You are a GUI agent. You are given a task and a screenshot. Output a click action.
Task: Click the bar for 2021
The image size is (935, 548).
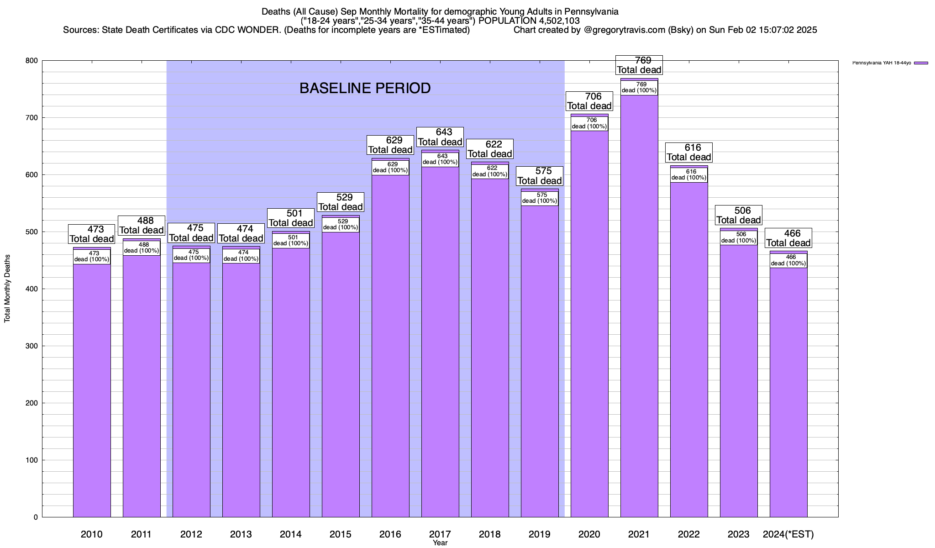tap(639, 320)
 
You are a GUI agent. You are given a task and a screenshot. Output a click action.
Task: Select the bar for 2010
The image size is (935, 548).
tap(92, 388)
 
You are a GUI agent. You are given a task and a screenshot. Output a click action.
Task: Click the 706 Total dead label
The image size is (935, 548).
tap(589, 101)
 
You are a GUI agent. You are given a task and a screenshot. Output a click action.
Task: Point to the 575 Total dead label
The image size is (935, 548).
tap(540, 176)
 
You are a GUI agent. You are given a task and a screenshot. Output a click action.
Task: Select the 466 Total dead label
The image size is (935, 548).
tap(788, 238)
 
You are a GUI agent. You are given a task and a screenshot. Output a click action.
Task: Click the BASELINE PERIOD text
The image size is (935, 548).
tap(365, 88)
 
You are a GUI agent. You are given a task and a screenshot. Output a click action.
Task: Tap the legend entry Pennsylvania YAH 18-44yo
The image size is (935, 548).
tap(881, 63)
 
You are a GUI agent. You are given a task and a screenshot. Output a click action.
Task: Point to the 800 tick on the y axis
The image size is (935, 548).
tap(32, 61)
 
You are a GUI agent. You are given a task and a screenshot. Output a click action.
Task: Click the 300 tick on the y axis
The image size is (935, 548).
tap(32, 346)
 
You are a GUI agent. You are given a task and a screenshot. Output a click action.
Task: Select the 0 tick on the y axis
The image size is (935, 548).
tap(35, 517)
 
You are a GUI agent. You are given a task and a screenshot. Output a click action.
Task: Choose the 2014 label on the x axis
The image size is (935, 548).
tap(291, 534)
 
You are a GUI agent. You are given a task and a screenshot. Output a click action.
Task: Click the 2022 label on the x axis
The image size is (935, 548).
tap(689, 534)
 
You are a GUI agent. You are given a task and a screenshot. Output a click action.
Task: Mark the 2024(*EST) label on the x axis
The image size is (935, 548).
tap(788, 534)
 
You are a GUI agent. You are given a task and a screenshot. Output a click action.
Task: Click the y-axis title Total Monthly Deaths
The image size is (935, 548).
tap(7, 289)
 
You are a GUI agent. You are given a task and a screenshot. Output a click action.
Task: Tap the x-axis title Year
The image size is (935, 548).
tap(440, 543)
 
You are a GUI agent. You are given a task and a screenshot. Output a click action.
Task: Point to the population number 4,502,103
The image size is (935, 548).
tap(553, 21)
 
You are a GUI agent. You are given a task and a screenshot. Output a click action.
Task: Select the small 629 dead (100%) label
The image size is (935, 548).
tap(390, 168)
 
